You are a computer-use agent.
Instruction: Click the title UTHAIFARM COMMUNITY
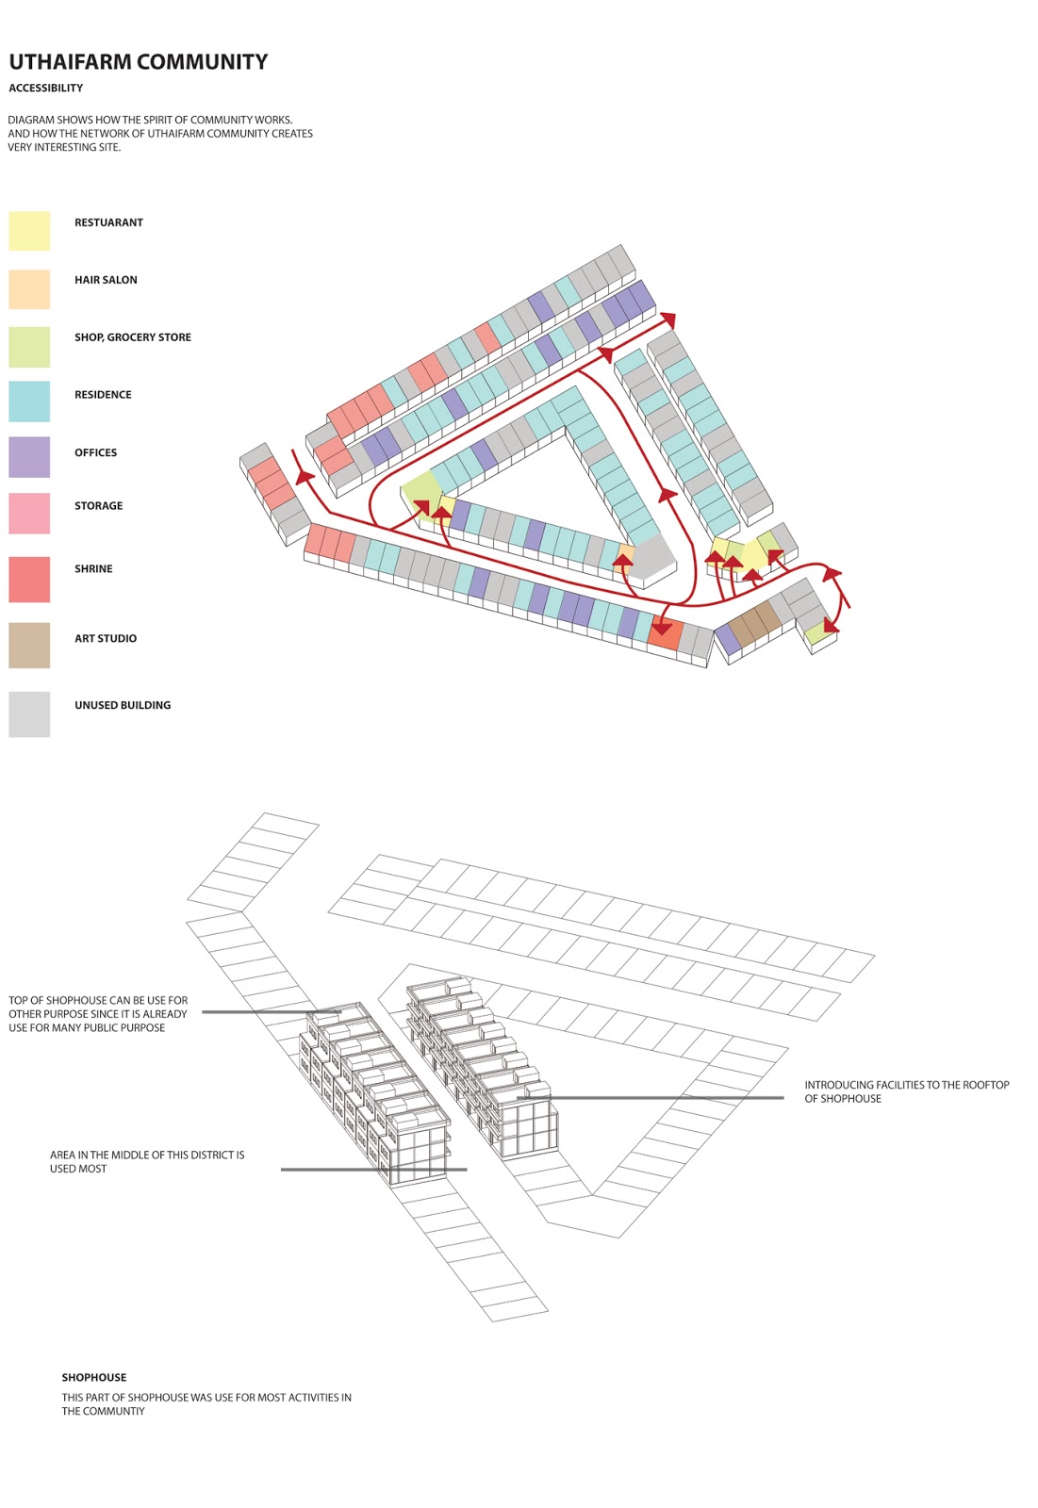139,62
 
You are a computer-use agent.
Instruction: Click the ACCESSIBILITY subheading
46,88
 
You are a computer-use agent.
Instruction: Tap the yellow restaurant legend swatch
29,231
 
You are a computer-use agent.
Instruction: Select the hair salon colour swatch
29,289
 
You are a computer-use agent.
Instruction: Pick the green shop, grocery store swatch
29,347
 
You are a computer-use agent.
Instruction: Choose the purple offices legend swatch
29,457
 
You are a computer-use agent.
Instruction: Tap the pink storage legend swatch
29,514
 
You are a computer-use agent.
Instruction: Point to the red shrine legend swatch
29,579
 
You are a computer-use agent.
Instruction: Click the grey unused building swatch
29,714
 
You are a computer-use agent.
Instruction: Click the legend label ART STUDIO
106,638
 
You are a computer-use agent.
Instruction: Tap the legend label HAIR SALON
106,280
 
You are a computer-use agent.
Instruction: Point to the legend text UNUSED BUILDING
123,705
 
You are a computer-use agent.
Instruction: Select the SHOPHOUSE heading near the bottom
94,1377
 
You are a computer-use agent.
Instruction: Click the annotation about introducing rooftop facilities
906,1091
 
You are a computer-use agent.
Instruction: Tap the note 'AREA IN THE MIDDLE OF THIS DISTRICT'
147,1161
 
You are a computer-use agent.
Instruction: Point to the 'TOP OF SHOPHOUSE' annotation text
98,1013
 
